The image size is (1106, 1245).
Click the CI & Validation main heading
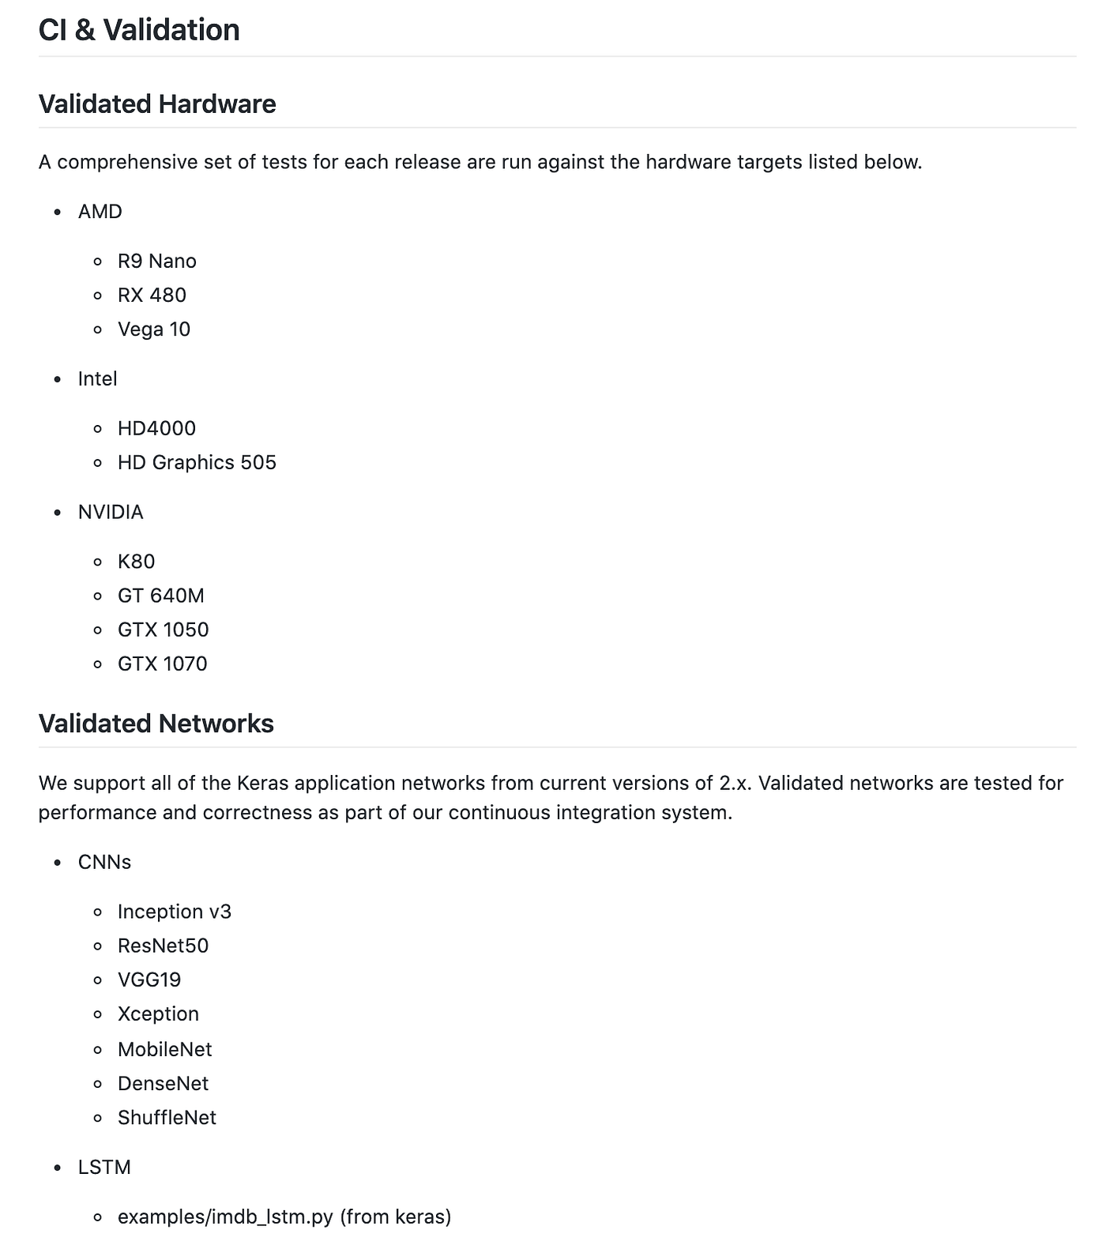click(139, 30)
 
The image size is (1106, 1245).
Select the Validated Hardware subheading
click(157, 104)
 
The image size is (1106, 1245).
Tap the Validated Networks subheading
click(156, 724)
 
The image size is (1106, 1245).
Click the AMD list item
click(100, 212)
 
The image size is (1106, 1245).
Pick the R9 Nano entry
click(156, 261)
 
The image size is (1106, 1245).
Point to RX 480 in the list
click(152, 295)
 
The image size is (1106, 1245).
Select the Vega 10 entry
click(154, 329)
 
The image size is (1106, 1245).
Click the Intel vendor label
click(97, 379)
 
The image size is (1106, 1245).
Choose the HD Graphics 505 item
click(197, 462)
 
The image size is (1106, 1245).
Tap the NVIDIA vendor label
click(111, 512)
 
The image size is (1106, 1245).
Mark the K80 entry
click(136, 562)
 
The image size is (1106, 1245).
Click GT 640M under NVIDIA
click(160, 596)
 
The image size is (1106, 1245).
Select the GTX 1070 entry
click(162, 664)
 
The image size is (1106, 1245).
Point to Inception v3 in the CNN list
click(174, 912)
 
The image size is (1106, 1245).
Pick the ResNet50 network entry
click(163, 946)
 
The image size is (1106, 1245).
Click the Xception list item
click(158, 1014)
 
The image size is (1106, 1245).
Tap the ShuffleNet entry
click(167, 1118)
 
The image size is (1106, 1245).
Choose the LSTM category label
click(104, 1168)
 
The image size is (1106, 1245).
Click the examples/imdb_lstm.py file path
click(225, 1217)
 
